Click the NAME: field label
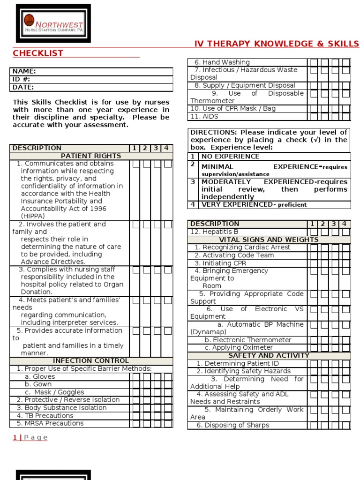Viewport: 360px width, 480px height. [x=24, y=71]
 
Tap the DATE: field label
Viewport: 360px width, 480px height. [x=23, y=87]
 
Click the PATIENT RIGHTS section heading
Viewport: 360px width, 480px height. [x=91, y=156]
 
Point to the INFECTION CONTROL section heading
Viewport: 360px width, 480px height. [x=91, y=360]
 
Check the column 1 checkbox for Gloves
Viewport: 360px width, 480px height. [x=136, y=377]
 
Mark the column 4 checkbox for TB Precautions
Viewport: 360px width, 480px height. [x=168, y=416]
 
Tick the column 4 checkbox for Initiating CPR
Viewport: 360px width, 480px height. [x=345, y=263]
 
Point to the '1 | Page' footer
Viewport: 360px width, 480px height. [x=30, y=437]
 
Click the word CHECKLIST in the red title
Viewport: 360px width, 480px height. [x=38, y=53]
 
